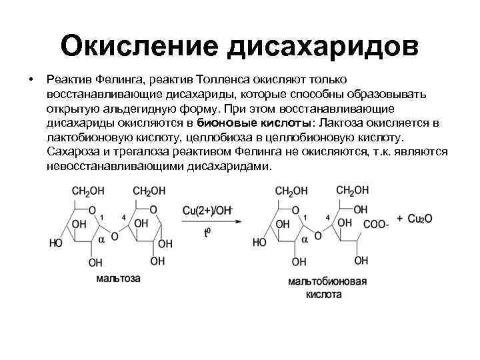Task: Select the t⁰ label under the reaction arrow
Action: click(207, 233)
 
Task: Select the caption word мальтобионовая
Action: click(327, 281)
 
